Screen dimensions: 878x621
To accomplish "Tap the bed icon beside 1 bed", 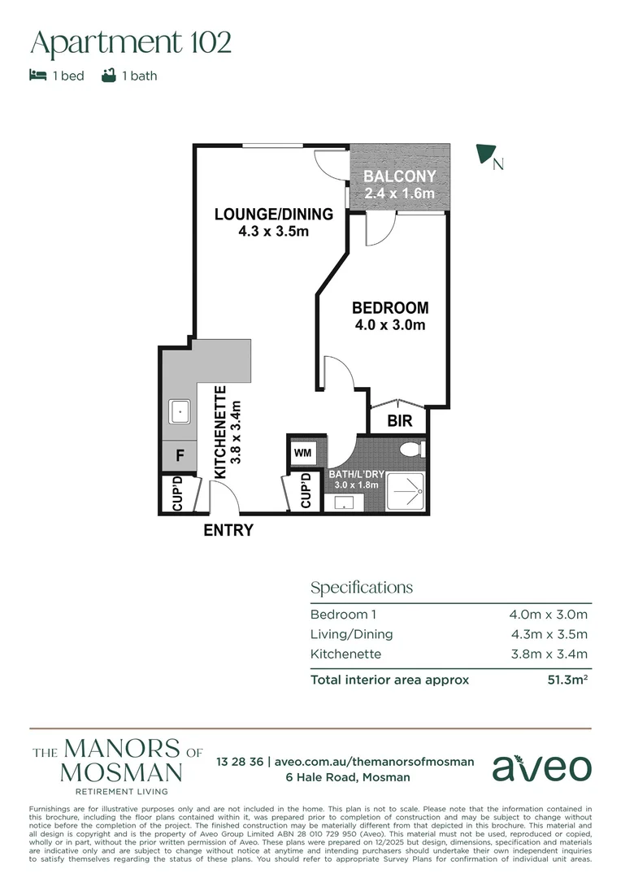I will pyautogui.click(x=37, y=76).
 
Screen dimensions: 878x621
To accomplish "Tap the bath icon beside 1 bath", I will pyautogui.click(x=108, y=76).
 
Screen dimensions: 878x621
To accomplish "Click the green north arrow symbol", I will pyautogui.click(x=487, y=154).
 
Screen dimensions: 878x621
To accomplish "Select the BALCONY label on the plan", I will pyautogui.click(x=399, y=176).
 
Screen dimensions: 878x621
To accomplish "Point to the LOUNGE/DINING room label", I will pyautogui.click(x=273, y=215).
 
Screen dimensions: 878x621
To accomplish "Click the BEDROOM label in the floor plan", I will pyautogui.click(x=390, y=308).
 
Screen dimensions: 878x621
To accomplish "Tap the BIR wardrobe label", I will pyautogui.click(x=398, y=422).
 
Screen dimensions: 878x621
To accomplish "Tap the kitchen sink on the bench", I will pyautogui.click(x=179, y=412).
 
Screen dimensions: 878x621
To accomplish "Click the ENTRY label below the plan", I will pyautogui.click(x=228, y=531).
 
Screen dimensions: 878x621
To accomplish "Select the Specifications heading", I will pyautogui.click(x=362, y=587).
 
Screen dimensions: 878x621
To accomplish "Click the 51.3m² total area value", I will pyautogui.click(x=567, y=680).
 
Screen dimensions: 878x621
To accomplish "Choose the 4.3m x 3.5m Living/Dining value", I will pyautogui.click(x=548, y=634).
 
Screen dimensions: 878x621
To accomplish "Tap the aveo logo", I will pyautogui.click(x=542, y=767).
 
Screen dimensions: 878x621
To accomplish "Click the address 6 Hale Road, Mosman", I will pyautogui.click(x=347, y=777).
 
